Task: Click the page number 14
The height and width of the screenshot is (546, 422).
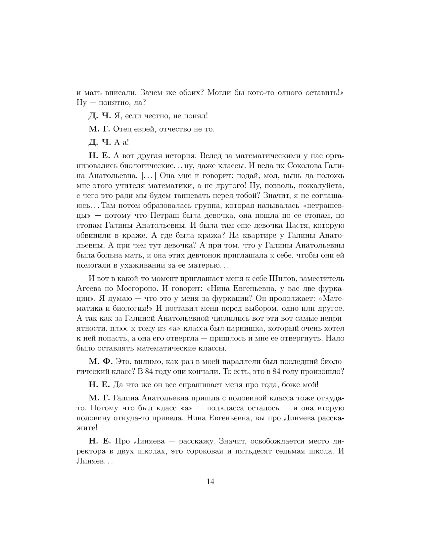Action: (x=211, y=481)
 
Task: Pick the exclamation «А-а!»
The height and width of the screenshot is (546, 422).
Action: (x=121, y=142)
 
